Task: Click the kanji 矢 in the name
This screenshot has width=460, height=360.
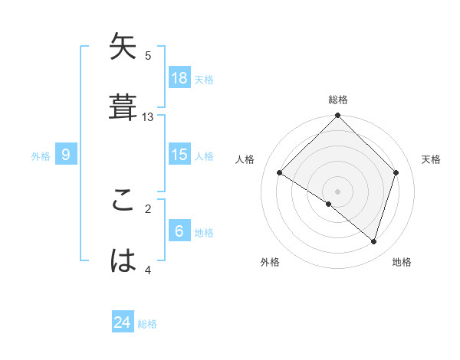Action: pos(123,48)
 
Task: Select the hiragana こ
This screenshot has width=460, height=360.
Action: pos(123,201)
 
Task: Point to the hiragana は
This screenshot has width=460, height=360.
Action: pos(123,260)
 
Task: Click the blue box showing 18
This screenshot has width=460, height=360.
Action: pos(179,77)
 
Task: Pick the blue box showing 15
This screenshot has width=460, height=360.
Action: pos(179,155)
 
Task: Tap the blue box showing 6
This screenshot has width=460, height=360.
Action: pos(179,231)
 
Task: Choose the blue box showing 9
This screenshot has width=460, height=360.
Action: pos(66,155)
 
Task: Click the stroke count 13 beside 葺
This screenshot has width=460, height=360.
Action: pos(148,117)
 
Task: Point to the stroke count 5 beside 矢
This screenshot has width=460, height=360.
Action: pos(148,56)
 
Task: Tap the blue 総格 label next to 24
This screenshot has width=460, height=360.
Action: pos(147,324)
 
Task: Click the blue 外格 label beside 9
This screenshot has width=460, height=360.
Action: pos(41,156)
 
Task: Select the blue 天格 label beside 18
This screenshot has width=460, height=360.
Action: pos(204,79)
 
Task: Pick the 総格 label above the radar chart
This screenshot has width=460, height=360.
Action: pos(338,100)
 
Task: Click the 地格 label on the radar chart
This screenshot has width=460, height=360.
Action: pos(402,262)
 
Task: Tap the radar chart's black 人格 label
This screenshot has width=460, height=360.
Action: pos(245,159)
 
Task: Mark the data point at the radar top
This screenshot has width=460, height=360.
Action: pos(337,116)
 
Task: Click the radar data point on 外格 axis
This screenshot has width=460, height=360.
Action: pos(329,204)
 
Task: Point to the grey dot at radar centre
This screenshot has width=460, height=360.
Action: pos(337,191)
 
